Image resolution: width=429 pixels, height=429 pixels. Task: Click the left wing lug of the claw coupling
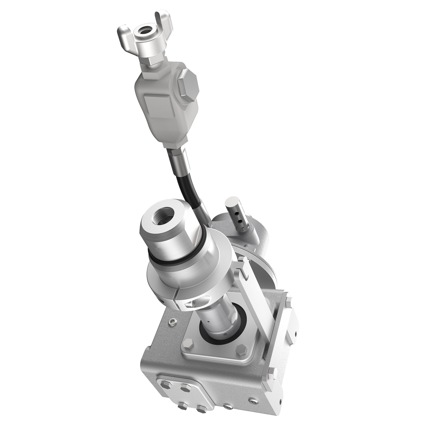(x=122, y=31)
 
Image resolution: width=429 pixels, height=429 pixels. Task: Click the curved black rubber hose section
(x=189, y=189)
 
